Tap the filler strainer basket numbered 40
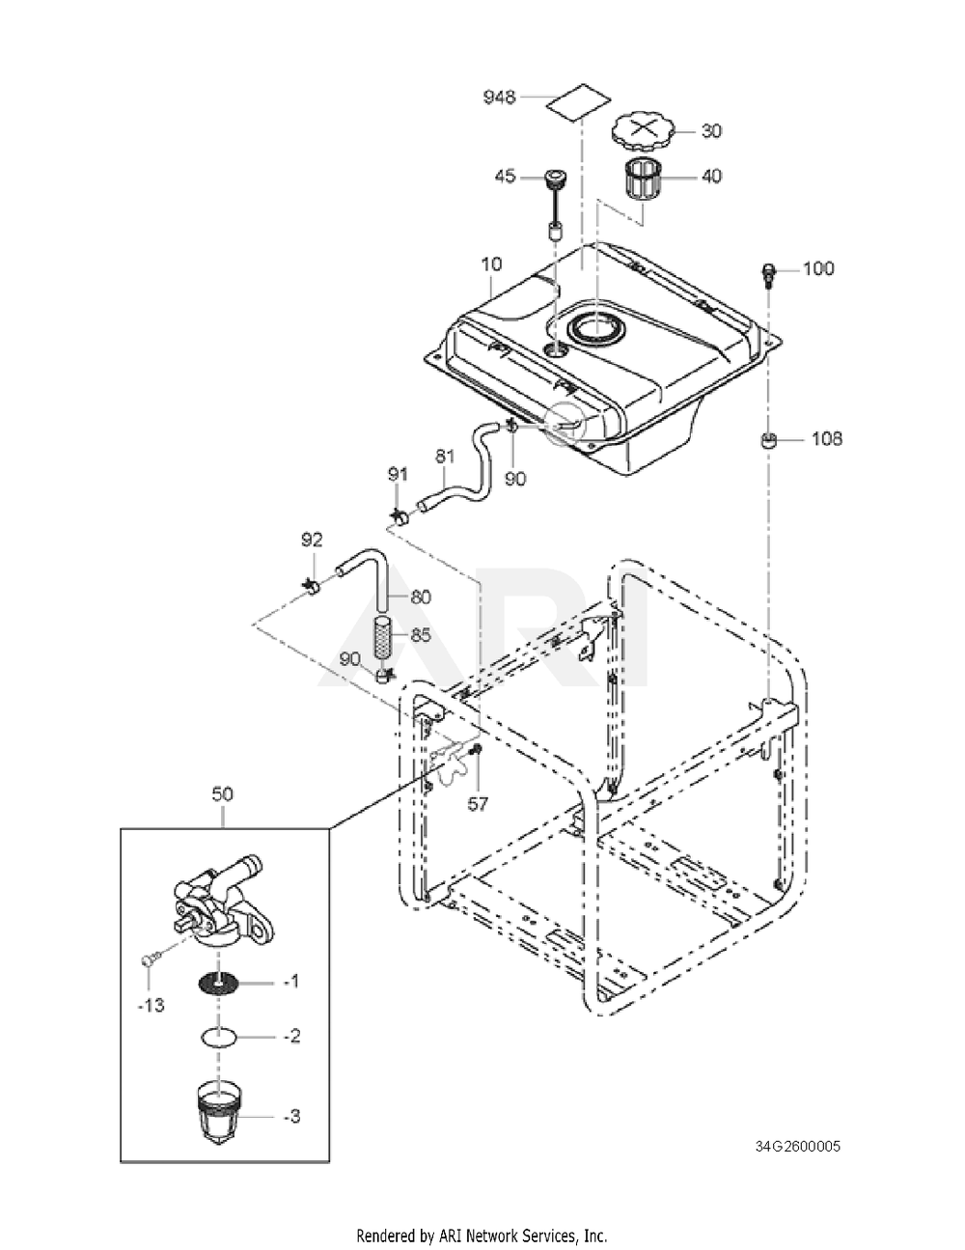(642, 178)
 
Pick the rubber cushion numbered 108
(768, 440)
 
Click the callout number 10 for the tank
(492, 264)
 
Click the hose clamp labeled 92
(312, 585)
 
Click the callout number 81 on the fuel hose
(445, 457)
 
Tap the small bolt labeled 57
(476, 749)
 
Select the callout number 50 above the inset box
(223, 794)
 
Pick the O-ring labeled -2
(219, 1037)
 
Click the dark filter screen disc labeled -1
(219, 985)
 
